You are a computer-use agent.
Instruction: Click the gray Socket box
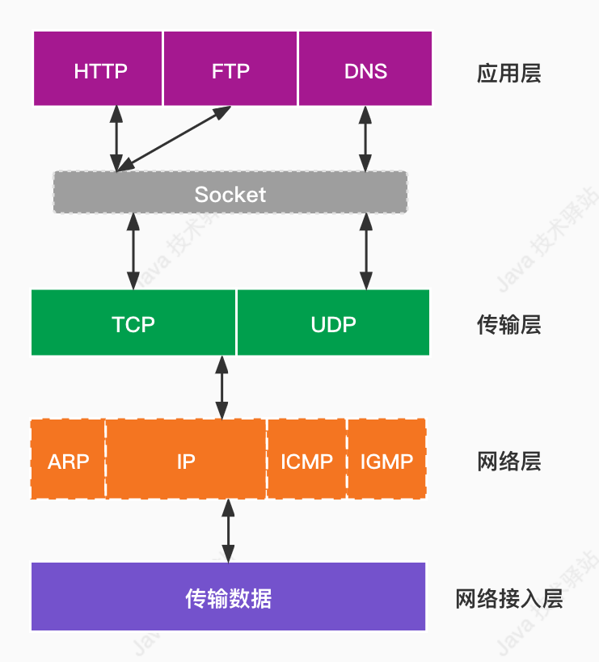pyautogui.click(x=230, y=193)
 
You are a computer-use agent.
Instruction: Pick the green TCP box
pyautogui.click(x=133, y=323)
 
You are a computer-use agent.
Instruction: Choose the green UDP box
pyautogui.click(x=333, y=323)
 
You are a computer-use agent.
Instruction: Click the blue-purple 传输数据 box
pyautogui.click(x=229, y=597)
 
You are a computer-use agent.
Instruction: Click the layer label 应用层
pyautogui.click(x=508, y=74)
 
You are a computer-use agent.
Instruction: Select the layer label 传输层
pyautogui.click(x=508, y=325)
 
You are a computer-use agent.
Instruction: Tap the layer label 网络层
pyautogui.click(x=508, y=462)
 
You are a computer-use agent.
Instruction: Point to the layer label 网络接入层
pyautogui.click(x=508, y=599)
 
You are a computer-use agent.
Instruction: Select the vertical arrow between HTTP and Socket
pyautogui.click(x=117, y=138)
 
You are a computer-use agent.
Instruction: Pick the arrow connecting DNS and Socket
pyautogui.click(x=365, y=138)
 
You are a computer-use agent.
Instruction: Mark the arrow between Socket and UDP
pyautogui.click(x=365, y=251)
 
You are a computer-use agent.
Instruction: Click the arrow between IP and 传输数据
pyautogui.click(x=228, y=530)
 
